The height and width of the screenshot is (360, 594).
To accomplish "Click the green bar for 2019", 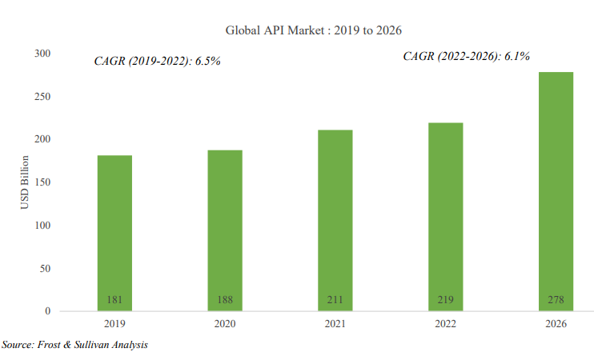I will [114, 232].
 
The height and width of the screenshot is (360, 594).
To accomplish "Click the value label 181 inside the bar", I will [114, 300].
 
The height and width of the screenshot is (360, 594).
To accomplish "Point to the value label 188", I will [225, 300].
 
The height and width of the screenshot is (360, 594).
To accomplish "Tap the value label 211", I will [335, 300].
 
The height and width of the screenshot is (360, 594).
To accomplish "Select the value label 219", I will [446, 300].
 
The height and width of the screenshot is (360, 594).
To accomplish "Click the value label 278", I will [556, 300].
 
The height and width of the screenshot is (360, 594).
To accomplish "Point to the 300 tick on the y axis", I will [41, 54].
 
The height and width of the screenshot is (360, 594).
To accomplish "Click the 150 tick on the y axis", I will [41, 182].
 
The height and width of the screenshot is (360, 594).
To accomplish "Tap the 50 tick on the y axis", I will [44, 268].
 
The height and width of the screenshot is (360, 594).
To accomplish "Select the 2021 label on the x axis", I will [335, 324].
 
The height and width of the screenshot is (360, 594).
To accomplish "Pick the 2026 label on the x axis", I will [556, 324].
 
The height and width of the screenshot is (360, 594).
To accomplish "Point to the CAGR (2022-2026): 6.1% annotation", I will [467, 56].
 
